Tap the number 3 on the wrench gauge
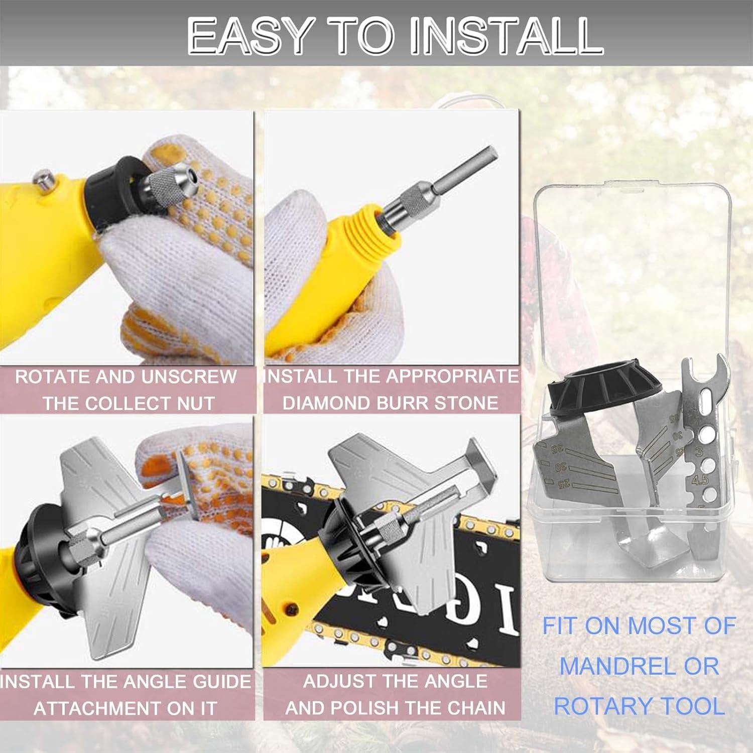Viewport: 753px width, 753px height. (x=699, y=452)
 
